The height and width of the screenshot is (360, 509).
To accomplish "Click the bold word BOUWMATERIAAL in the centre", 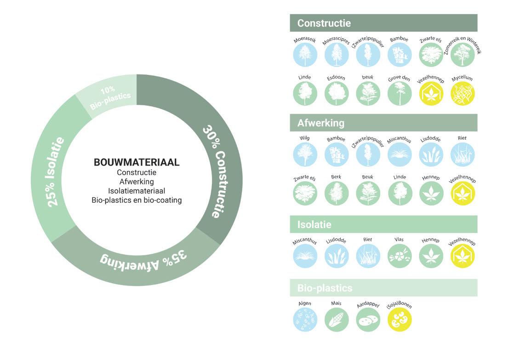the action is coord(137,162).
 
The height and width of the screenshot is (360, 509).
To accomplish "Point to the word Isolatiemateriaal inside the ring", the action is coord(137,191).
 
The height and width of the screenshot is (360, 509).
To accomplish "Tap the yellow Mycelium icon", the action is coord(463,93).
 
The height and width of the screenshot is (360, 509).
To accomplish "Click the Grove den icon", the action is coord(400,93).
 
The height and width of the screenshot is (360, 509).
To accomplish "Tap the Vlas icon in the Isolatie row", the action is coord(400,256).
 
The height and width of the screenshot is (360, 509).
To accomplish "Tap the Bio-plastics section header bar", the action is coord(383,288).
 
